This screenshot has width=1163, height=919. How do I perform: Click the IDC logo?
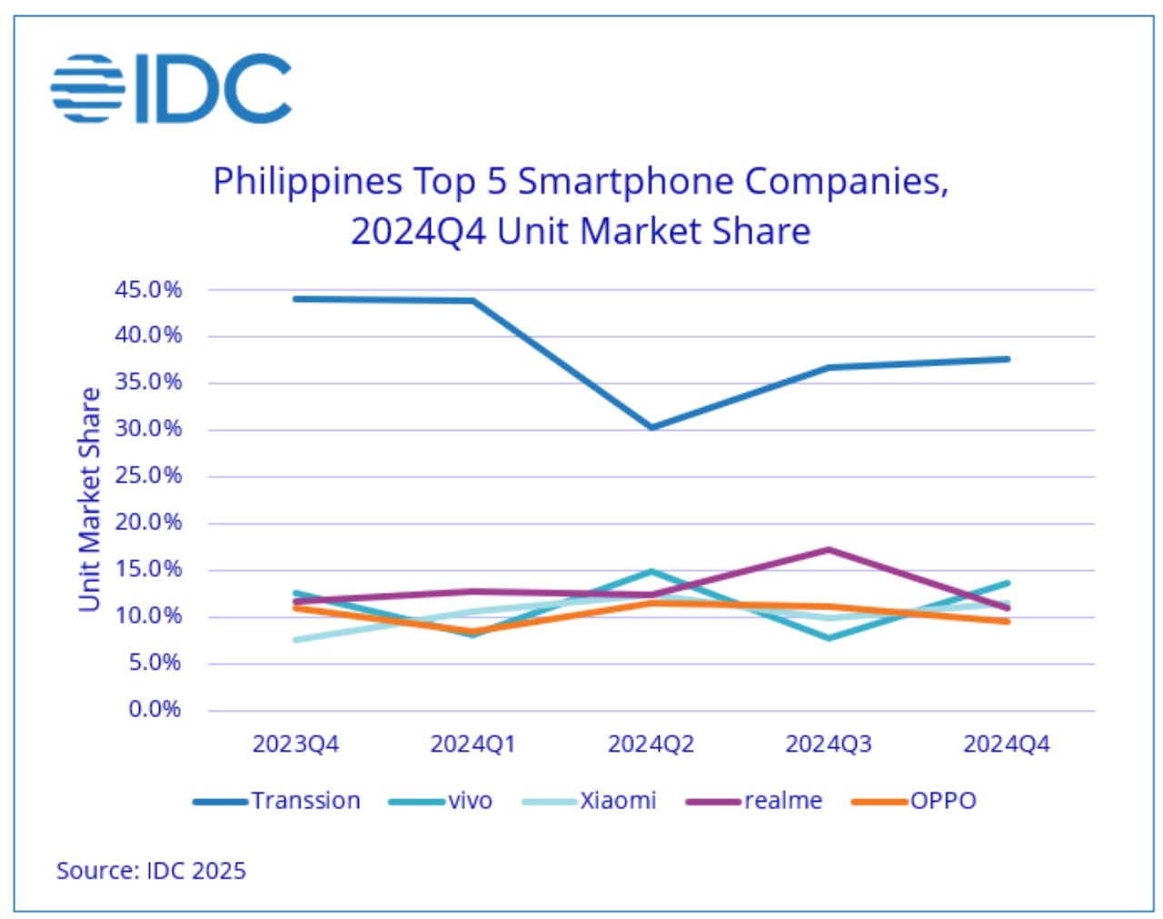point(171,88)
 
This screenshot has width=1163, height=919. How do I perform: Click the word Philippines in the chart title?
point(307,181)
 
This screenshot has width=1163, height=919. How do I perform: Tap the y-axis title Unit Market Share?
point(89,499)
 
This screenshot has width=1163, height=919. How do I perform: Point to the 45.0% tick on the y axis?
point(148,290)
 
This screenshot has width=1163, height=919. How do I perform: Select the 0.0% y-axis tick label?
point(154,710)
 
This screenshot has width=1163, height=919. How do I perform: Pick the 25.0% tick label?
point(148,476)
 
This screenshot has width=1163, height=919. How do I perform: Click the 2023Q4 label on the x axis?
point(295,744)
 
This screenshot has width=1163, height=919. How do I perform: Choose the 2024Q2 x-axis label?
point(651,744)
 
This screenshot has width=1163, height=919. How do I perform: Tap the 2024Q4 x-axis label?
point(1006,744)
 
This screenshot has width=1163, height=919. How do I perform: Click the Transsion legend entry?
point(277,801)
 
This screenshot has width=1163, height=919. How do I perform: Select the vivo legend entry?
point(441,801)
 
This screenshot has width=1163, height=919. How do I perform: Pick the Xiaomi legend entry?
point(590,801)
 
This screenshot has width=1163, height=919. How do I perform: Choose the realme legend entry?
point(754,801)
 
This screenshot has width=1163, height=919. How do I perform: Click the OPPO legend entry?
point(915,801)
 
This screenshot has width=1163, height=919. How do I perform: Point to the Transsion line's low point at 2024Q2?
point(651,426)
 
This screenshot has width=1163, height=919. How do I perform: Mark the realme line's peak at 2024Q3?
point(829,549)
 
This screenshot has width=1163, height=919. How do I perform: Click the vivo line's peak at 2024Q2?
point(651,572)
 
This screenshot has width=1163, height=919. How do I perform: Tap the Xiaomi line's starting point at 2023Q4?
point(296,640)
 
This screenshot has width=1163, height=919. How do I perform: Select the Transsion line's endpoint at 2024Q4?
point(1007,359)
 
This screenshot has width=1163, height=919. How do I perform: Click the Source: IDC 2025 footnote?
point(151,871)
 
